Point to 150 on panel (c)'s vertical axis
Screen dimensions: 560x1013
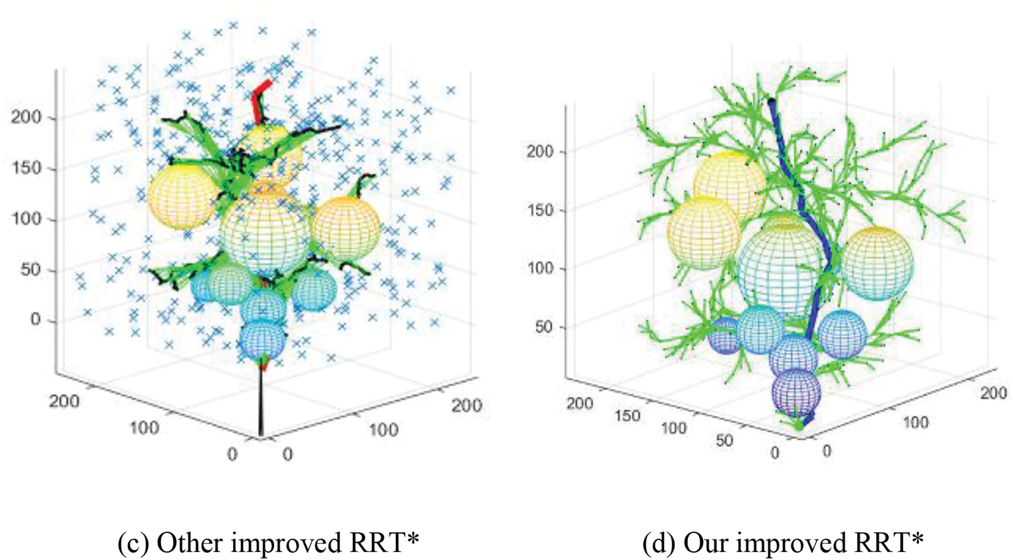tap(26, 168)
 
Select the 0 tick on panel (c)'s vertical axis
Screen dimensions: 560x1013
tap(35, 320)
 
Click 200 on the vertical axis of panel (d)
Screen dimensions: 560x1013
tap(539, 152)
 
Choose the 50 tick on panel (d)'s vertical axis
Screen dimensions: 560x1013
tap(544, 327)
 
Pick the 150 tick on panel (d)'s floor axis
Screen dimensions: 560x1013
tap(627, 415)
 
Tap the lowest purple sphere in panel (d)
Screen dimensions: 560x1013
tap(796, 392)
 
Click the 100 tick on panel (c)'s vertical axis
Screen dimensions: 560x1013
tap(26, 218)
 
